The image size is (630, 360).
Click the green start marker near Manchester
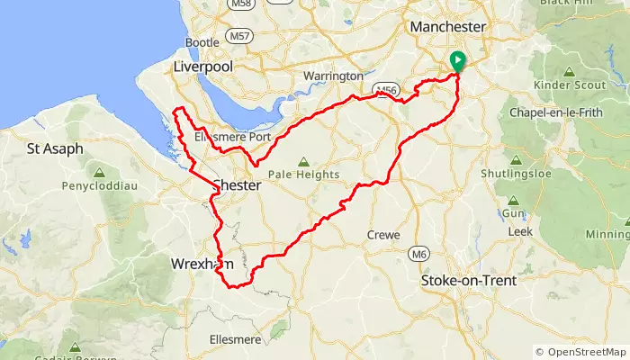click(x=457, y=61)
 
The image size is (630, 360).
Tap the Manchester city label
click(x=447, y=28)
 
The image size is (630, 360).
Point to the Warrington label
click(x=334, y=76)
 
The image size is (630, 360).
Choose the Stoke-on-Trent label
click(x=469, y=281)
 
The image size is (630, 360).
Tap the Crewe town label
click(x=383, y=235)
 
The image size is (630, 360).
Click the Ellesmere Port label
click(x=232, y=136)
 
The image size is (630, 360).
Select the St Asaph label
click(x=55, y=148)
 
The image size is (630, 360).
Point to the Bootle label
click(x=202, y=42)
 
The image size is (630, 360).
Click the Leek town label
click(x=519, y=231)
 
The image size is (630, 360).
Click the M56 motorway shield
click(x=387, y=89)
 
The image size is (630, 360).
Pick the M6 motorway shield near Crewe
click(x=417, y=255)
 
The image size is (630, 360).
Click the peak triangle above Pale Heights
click(x=301, y=161)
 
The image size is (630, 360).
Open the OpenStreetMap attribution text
click(x=580, y=352)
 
